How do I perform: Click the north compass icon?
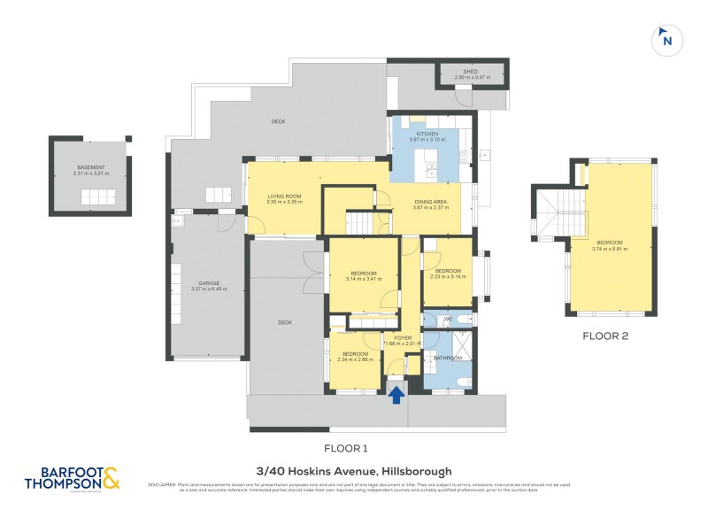coord(666,40)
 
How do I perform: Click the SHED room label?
coord(471,72)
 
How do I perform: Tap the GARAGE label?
coord(209,283)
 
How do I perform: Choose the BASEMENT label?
coord(91,167)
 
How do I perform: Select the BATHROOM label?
coord(448,358)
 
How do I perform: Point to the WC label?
coord(448,318)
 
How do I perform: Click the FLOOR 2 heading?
coord(605,336)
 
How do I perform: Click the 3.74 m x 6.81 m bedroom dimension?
coord(610,249)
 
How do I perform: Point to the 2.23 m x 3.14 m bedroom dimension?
coord(448,276)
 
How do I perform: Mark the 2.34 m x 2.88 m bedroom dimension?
coord(357,359)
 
